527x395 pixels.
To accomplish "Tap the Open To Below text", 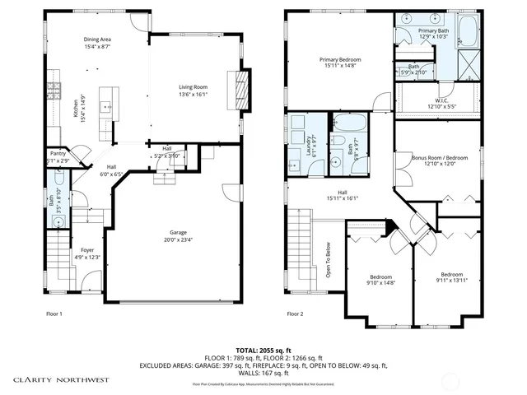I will tap(328, 259).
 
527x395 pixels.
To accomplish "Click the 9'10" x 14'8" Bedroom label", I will tap(380, 280).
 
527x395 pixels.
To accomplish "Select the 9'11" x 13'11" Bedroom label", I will tap(450, 277).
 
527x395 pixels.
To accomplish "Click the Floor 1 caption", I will tap(54, 314).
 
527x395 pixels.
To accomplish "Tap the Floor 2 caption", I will tap(294, 314).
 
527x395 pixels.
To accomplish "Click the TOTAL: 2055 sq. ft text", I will tap(263, 349).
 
